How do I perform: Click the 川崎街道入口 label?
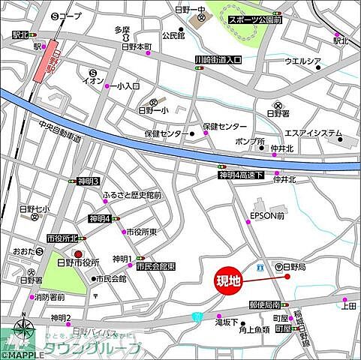pyautogui.click(x=217, y=59)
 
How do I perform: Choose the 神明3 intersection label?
pyautogui.click(x=89, y=181)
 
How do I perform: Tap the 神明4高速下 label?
pyautogui.click(x=241, y=175)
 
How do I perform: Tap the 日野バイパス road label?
pyautogui.click(x=98, y=331)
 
